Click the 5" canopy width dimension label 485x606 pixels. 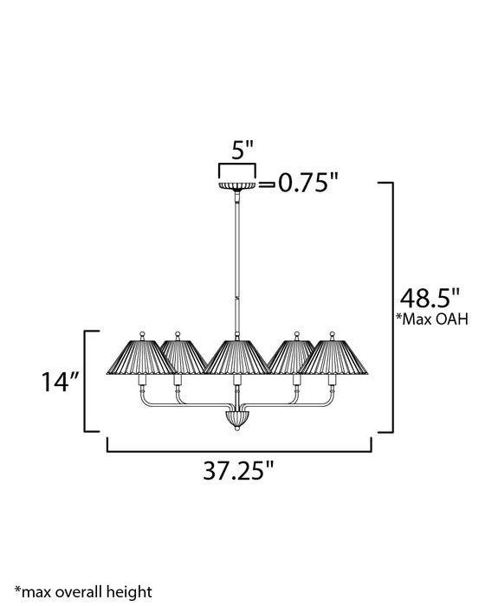(236, 149)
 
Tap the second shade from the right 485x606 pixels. (293, 355)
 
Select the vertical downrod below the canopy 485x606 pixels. (236, 260)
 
